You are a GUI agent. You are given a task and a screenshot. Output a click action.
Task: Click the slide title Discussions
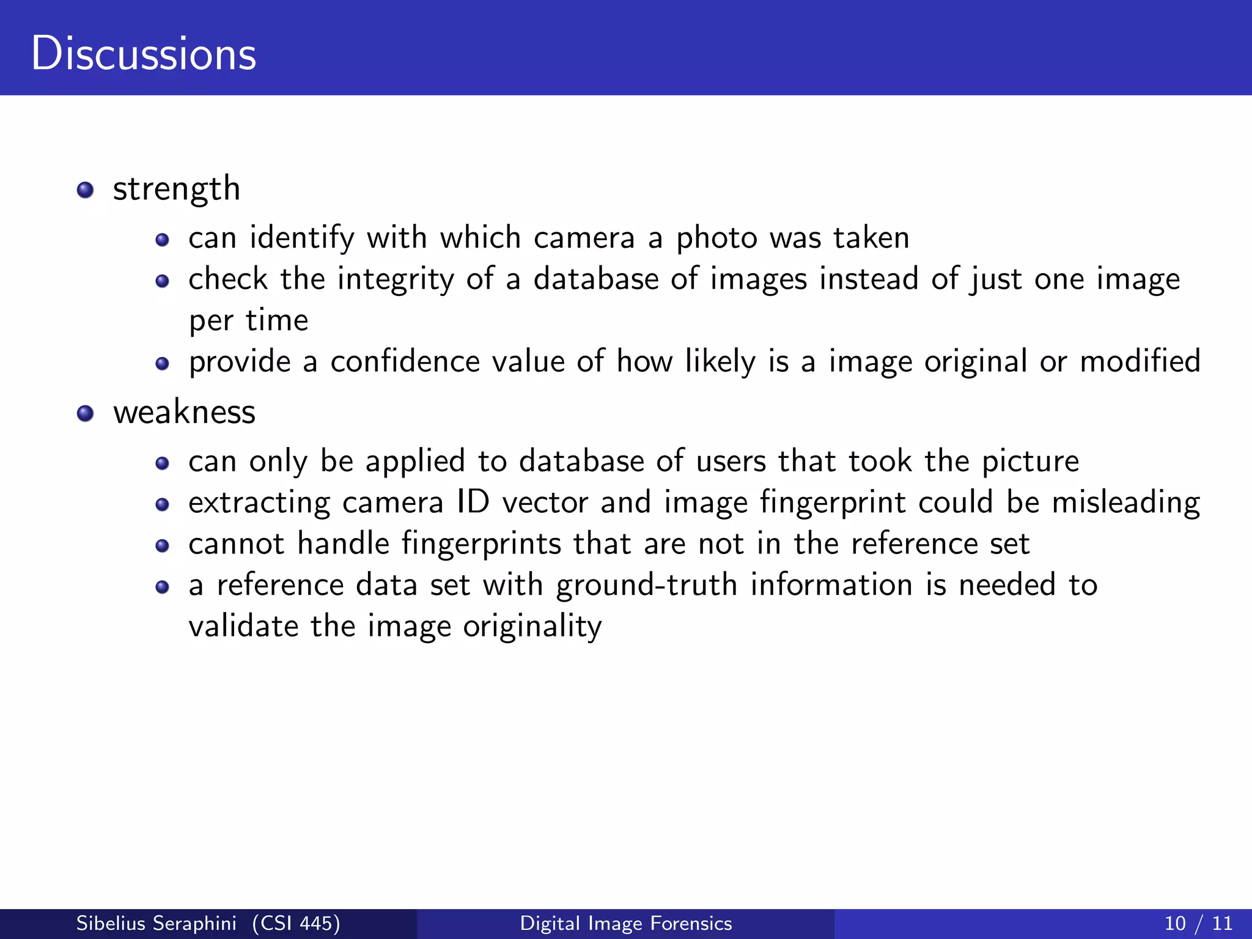coord(144,54)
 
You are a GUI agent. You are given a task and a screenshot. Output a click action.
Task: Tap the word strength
coord(177,189)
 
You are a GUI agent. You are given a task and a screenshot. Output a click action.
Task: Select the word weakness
coord(184,412)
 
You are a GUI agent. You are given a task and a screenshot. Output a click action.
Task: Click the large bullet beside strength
coord(86,190)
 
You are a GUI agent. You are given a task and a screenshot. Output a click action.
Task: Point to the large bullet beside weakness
coord(86,414)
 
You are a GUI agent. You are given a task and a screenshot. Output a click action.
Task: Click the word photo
coord(716,238)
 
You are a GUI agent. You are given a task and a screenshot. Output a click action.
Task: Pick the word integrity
coord(396,280)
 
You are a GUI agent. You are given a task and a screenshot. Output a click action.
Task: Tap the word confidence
coord(405,362)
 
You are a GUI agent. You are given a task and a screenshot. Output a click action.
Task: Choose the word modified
coord(1140,362)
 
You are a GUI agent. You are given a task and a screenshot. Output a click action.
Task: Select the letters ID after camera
coord(473,503)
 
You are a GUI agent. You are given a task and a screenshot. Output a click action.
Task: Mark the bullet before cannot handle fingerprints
coord(162,546)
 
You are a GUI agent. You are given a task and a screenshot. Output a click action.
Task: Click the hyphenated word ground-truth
coord(646,586)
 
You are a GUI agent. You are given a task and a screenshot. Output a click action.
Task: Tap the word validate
coord(243,627)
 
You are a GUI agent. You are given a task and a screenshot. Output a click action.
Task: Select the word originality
coord(532,627)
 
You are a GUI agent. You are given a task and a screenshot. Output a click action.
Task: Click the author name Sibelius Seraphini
coord(156,923)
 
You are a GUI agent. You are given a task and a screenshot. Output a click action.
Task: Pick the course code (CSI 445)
coord(296,923)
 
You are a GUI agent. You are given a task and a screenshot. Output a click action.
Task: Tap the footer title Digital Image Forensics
coord(626,923)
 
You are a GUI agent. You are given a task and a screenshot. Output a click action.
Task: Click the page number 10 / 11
coord(1198,923)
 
